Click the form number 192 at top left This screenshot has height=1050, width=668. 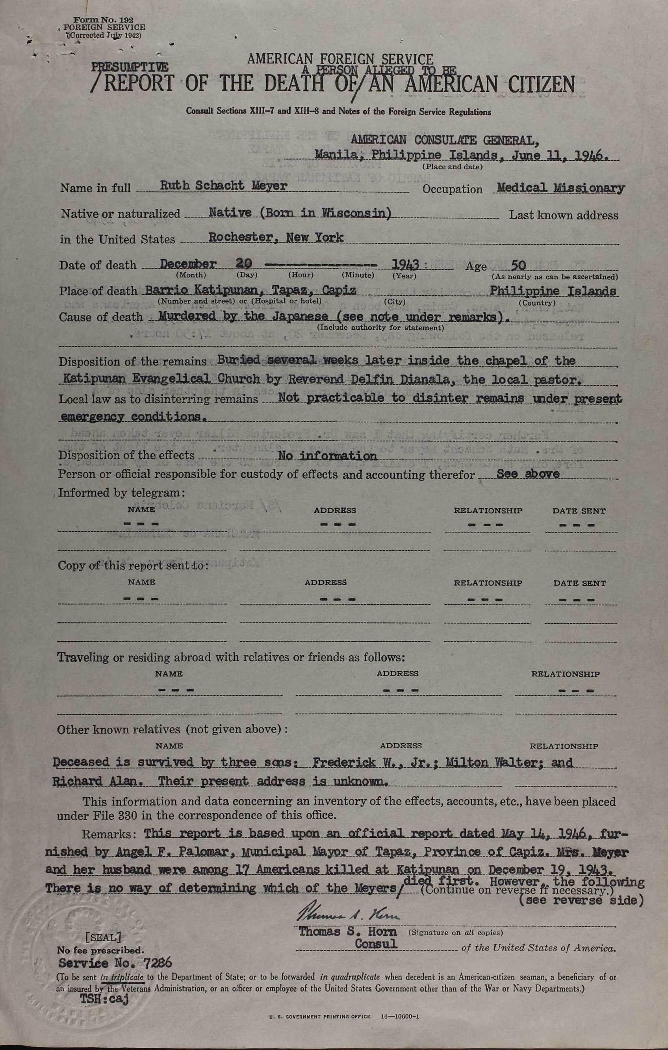click(104, 20)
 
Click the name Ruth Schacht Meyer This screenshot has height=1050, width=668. click(224, 186)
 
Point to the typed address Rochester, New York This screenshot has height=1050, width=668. click(276, 237)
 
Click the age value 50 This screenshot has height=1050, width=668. click(518, 265)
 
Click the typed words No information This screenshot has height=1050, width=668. click(327, 456)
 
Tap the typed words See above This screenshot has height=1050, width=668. click(528, 474)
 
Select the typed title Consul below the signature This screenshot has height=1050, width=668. click(376, 944)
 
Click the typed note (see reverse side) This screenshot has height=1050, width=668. click(581, 900)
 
